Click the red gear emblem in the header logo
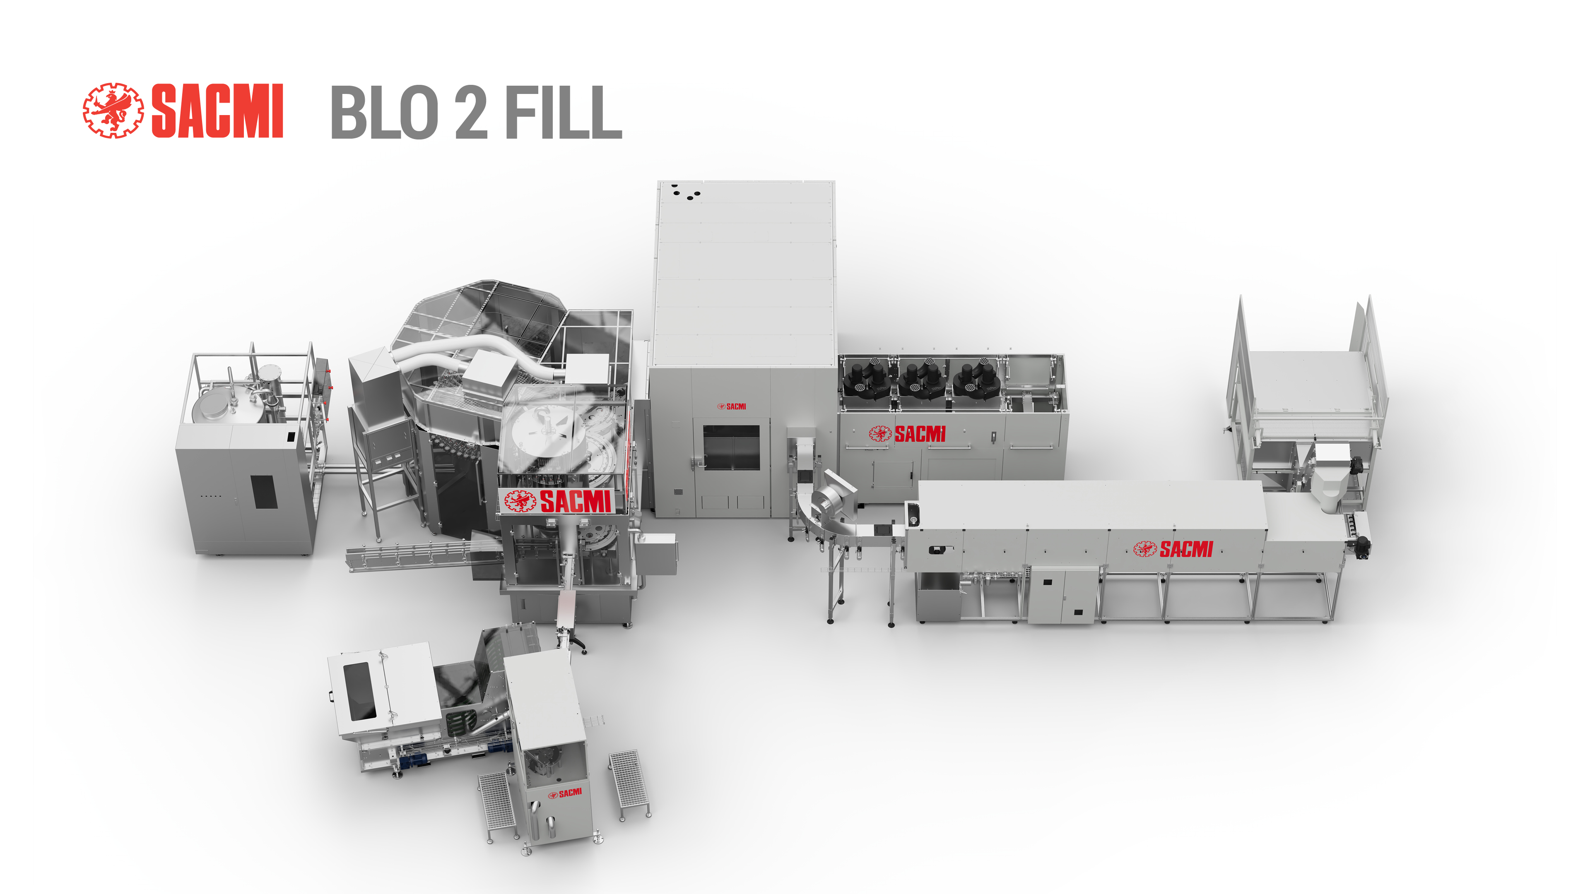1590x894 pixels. pos(113,111)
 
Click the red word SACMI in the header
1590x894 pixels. pos(217,111)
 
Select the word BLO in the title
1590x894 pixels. pos(385,112)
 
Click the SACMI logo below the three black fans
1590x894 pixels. pos(907,434)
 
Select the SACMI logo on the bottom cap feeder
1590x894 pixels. pos(565,793)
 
